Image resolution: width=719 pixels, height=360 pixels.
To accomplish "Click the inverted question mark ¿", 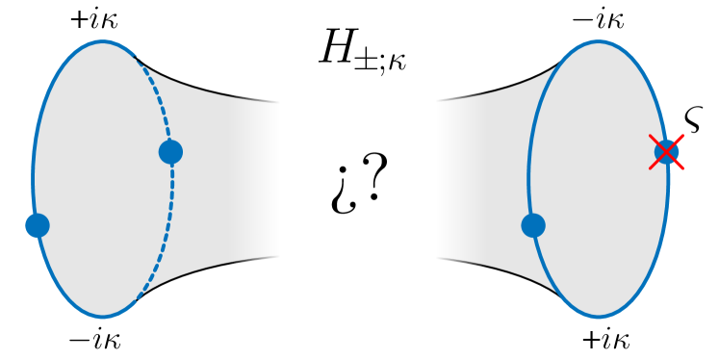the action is click(x=339, y=190).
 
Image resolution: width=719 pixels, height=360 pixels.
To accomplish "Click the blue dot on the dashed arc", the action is click(x=170, y=151).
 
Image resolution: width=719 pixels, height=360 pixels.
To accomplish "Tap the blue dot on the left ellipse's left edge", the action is click(x=37, y=225).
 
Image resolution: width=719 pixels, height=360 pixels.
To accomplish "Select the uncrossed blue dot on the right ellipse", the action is click(x=533, y=225).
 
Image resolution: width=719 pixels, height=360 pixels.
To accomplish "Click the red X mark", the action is click(x=666, y=151).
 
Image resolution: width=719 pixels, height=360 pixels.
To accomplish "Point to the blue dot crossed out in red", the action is click(x=666, y=151).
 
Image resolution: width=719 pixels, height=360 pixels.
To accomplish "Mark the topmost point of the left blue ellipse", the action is click(x=103, y=41).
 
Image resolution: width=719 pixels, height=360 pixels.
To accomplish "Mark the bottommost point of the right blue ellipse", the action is click(x=598, y=317).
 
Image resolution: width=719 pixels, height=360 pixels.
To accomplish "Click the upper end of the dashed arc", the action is click(x=136, y=59).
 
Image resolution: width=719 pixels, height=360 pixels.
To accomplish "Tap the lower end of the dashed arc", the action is click(x=138, y=299).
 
